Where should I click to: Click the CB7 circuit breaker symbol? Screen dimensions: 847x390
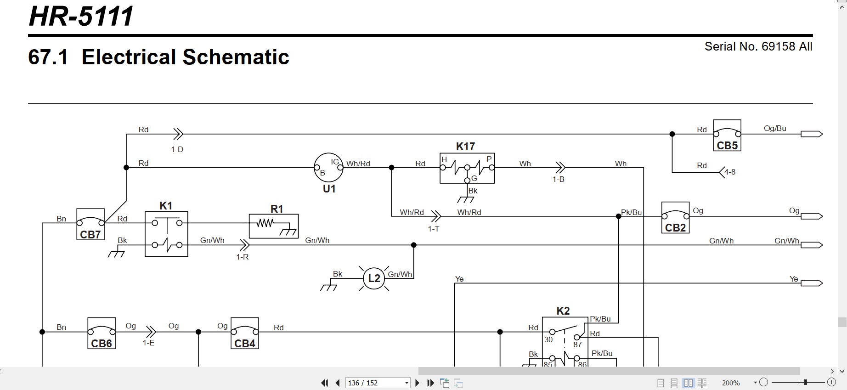90,224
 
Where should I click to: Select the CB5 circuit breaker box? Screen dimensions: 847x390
727,136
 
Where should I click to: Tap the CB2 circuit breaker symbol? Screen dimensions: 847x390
675,217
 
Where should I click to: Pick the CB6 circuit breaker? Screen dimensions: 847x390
102,333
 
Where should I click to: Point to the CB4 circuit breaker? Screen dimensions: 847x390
245,333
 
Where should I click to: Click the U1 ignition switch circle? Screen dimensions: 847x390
328,168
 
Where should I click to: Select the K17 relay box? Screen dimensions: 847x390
467,168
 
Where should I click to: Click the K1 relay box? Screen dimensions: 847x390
166,234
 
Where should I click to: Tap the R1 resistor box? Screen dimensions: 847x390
274,226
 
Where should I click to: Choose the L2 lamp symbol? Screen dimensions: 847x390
374,278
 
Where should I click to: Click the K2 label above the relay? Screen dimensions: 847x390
563,311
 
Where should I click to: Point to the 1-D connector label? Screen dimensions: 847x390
177,149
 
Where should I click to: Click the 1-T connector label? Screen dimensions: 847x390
434,229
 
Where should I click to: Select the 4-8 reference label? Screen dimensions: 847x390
730,172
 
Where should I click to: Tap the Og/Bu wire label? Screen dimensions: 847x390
775,129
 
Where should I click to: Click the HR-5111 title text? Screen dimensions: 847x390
81,16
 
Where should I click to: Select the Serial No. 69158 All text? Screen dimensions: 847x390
758,46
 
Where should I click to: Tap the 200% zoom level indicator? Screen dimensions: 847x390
731,383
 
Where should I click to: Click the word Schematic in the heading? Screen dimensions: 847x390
236,57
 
